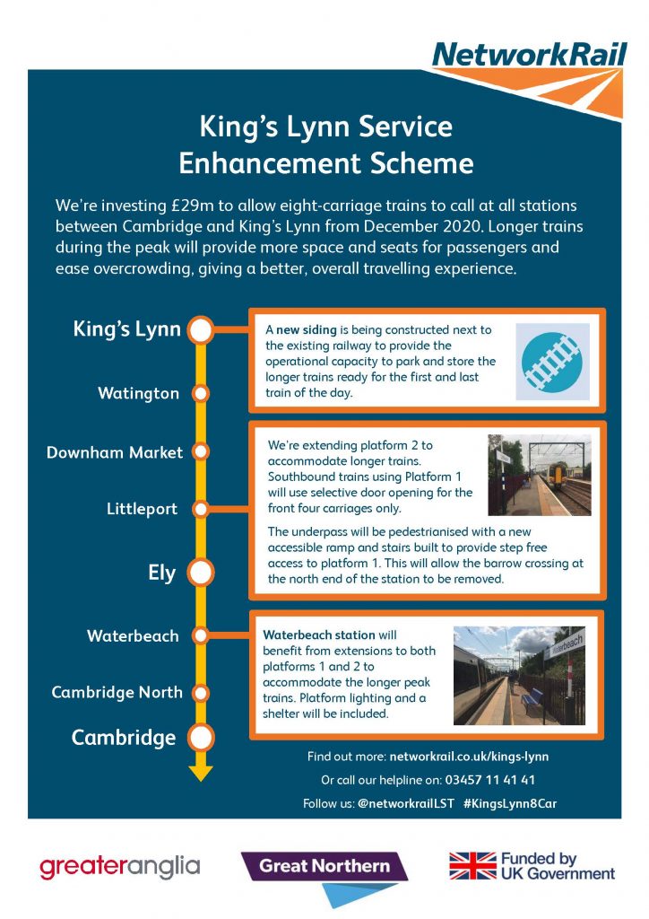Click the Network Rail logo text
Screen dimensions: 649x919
(x=529, y=55)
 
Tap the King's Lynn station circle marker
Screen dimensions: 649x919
(x=200, y=329)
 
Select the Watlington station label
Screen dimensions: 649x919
(x=139, y=393)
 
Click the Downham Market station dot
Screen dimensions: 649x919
(x=201, y=452)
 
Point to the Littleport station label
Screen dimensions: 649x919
(x=142, y=509)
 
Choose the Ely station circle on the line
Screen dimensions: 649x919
(x=200, y=573)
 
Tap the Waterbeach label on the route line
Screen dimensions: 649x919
(x=133, y=636)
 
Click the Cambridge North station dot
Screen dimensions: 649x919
(x=201, y=694)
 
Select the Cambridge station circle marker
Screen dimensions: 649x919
(x=200, y=738)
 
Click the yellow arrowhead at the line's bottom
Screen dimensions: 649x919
(x=201, y=774)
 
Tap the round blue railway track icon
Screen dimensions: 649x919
(x=552, y=362)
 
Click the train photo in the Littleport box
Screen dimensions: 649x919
(x=540, y=476)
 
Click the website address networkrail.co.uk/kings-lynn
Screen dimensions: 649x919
(x=470, y=757)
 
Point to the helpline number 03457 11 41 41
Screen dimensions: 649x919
(x=489, y=780)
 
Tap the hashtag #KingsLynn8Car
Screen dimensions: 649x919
(x=510, y=803)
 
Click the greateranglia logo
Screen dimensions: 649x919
(x=120, y=868)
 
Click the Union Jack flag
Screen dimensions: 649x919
(x=472, y=866)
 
